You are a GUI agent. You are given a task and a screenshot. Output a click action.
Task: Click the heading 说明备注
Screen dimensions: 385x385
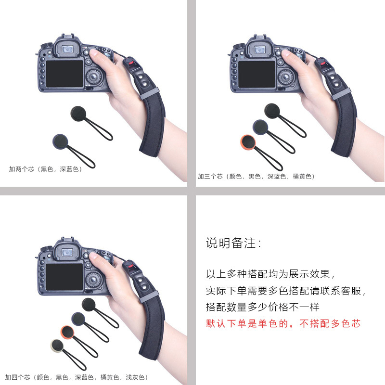point(234,243)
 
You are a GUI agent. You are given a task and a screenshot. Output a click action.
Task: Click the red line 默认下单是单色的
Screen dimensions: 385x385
point(283,323)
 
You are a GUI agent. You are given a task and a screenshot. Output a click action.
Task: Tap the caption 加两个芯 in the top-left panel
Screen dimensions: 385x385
point(46,169)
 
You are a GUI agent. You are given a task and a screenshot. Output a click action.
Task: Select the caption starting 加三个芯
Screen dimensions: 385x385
point(256,177)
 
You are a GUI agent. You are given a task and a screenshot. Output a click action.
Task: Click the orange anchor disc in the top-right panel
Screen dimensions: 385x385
point(246,143)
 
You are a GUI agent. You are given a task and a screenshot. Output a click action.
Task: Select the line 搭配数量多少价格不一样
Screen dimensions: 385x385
point(263,307)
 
